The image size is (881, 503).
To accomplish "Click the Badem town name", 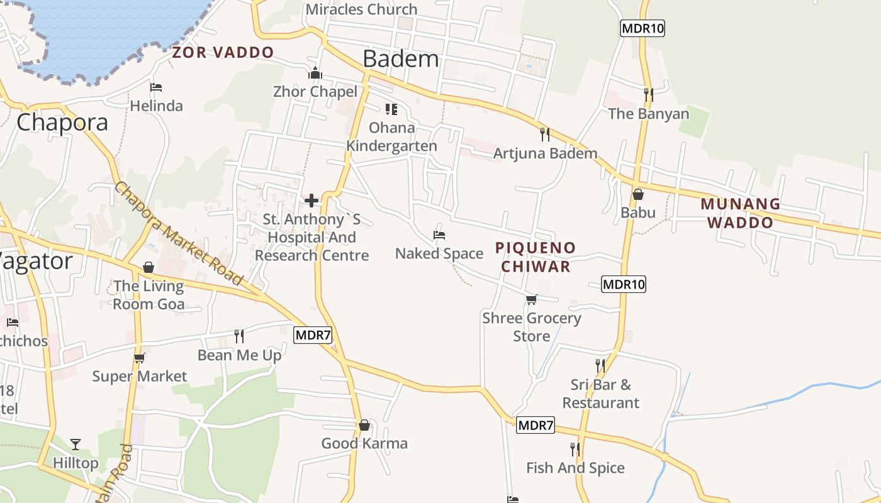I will pyautogui.click(x=401, y=59).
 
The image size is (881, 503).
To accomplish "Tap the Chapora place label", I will pyautogui.click(x=62, y=122).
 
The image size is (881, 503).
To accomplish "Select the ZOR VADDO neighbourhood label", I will pyautogui.click(x=223, y=52).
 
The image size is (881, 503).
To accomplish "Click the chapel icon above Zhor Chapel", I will pyautogui.click(x=315, y=74).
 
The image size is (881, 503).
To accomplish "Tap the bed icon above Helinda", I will pyautogui.click(x=156, y=87).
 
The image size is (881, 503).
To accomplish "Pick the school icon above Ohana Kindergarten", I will pyautogui.click(x=391, y=109).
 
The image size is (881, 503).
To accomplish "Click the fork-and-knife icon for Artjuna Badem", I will pyautogui.click(x=545, y=134).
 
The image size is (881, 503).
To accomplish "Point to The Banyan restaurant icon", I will pyautogui.click(x=648, y=95).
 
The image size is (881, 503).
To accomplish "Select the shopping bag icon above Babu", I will pyautogui.click(x=637, y=194).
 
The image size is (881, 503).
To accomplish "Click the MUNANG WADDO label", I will pyautogui.click(x=740, y=213).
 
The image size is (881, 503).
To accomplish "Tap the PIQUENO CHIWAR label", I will pyautogui.click(x=536, y=257).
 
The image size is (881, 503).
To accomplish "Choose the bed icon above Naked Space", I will pyautogui.click(x=439, y=235).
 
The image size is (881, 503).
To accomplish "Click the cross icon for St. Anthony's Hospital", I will pyautogui.click(x=311, y=201).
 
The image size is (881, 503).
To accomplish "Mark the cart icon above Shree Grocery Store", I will pyautogui.click(x=532, y=299).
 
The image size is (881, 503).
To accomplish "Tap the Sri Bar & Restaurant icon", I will pyautogui.click(x=600, y=365).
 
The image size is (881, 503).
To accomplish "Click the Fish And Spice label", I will pyautogui.click(x=575, y=468).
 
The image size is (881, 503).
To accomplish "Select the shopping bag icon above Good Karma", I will pyautogui.click(x=364, y=425).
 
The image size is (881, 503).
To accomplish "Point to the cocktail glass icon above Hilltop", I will pyautogui.click(x=76, y=445).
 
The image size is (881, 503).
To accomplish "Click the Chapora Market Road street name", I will pyautogui.click(x=179, y=233).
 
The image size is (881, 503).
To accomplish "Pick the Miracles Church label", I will pyautogui.click(x=361, y=9).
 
